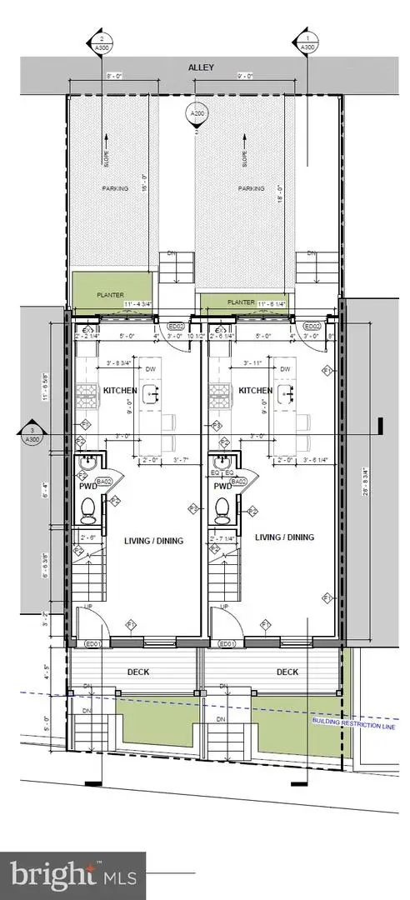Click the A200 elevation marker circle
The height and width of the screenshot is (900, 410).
pos(197,114)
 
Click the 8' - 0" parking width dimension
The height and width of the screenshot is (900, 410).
pos(116,76)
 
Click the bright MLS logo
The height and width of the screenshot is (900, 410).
pos(72,876)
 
